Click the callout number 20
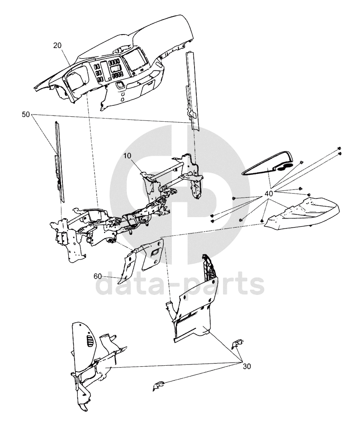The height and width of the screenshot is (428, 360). click(57, 45)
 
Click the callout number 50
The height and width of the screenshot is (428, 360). click(26, 114)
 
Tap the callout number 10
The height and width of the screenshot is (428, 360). click(127, 155)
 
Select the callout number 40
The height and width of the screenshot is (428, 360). click(269, 194)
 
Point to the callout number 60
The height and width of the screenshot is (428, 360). click(98, 276)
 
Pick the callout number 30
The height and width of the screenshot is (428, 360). click(247, 366)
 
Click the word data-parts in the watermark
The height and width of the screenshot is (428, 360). click(180, 285)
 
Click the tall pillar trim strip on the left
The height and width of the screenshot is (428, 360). click(59, 162)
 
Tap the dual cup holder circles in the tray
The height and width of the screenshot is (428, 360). click(284, 167)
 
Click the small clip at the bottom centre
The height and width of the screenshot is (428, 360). click(158, 386)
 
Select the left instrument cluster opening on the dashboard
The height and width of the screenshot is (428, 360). click(76, 79)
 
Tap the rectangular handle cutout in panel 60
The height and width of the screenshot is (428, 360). click(155, 253)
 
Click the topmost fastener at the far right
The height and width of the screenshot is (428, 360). click(339, 148)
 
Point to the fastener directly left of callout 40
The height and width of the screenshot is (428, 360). click(234, 198)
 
